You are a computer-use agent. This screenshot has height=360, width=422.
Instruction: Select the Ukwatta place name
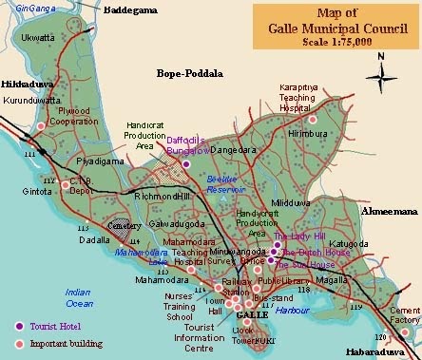(36, 39)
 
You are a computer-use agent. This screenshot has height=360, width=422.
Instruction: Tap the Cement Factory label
(403, 315)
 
